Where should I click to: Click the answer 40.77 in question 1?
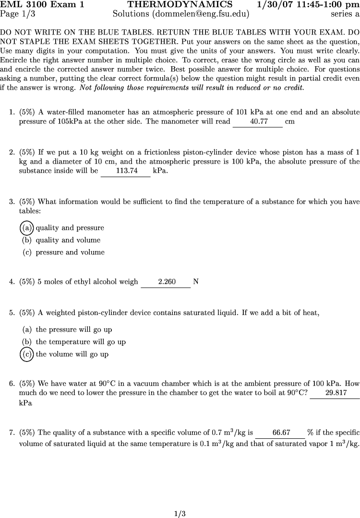pos(259,122)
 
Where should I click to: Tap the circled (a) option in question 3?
pos(27,228)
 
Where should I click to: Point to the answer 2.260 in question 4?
pos(167,282)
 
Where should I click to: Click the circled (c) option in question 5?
pos(27,354)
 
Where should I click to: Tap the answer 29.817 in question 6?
pos(336,393)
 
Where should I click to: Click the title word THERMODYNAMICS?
pos(180,5)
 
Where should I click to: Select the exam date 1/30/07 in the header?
pos(276,5)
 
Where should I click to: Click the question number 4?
pos(12,282)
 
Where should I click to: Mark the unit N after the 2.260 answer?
pos(196,282)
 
